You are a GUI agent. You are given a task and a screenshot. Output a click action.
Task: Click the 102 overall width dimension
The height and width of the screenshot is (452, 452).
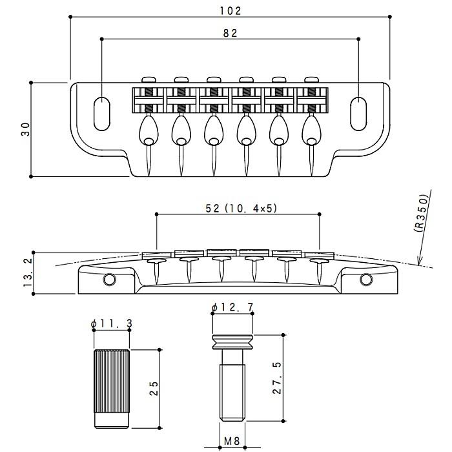[x=231, y=11]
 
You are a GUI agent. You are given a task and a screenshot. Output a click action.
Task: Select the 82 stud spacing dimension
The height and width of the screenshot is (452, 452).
[x=230, y=33]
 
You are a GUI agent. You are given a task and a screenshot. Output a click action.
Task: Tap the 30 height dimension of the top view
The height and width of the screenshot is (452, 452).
[x=26, y=129]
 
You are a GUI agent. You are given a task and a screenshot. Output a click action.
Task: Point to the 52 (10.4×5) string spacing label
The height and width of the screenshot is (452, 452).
[x=241, y=208]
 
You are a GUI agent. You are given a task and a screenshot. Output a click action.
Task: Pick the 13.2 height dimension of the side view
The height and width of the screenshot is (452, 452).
[x=28, y=272]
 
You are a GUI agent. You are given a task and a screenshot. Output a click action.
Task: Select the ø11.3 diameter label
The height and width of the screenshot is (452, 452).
[x=111, y=324]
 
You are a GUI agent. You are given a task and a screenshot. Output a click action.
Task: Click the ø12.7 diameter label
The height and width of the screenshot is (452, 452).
[x=232, y=307]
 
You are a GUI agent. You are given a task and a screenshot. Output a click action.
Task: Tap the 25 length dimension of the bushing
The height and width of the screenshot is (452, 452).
[x=154, y=388]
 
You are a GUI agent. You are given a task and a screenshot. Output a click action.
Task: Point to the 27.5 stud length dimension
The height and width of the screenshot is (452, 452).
[x=277, y=378]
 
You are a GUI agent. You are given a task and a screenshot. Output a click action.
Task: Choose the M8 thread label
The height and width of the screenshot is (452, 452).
[x=232, y=441]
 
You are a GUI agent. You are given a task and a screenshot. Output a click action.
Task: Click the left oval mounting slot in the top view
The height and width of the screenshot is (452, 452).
[x=102, y=114]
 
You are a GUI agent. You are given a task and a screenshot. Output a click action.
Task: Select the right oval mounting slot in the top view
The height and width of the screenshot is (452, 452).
[x=358, y=114]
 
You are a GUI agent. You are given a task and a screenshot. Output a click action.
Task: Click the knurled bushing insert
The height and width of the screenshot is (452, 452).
[x=112, y=389]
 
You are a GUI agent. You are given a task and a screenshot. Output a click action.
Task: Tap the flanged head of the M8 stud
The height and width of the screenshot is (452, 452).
[x=232, y=342]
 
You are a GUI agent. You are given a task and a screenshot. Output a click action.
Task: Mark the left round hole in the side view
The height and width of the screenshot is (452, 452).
[x=110, y=280]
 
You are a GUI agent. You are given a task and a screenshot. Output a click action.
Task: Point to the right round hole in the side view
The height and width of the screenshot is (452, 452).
[x=366, y=280]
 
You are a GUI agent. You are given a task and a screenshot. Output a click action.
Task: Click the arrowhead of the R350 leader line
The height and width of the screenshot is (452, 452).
[x=420, y=261]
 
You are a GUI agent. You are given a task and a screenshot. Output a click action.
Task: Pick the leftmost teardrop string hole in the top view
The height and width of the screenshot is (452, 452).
[x=149, y=131]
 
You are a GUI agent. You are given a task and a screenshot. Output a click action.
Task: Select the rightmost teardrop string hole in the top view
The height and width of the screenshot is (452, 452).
[x=311, y=131]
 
